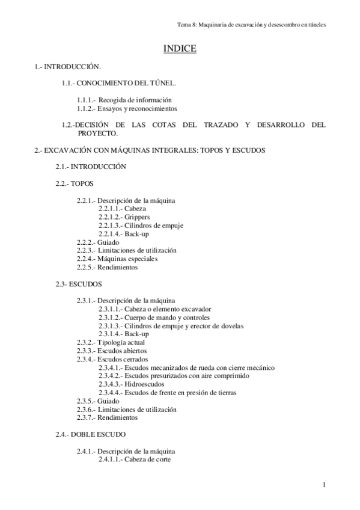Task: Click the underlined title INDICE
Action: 180,49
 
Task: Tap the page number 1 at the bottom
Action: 323,485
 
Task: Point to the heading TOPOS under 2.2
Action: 82,182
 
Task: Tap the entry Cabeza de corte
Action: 148,459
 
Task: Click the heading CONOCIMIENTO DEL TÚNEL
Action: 130,83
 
